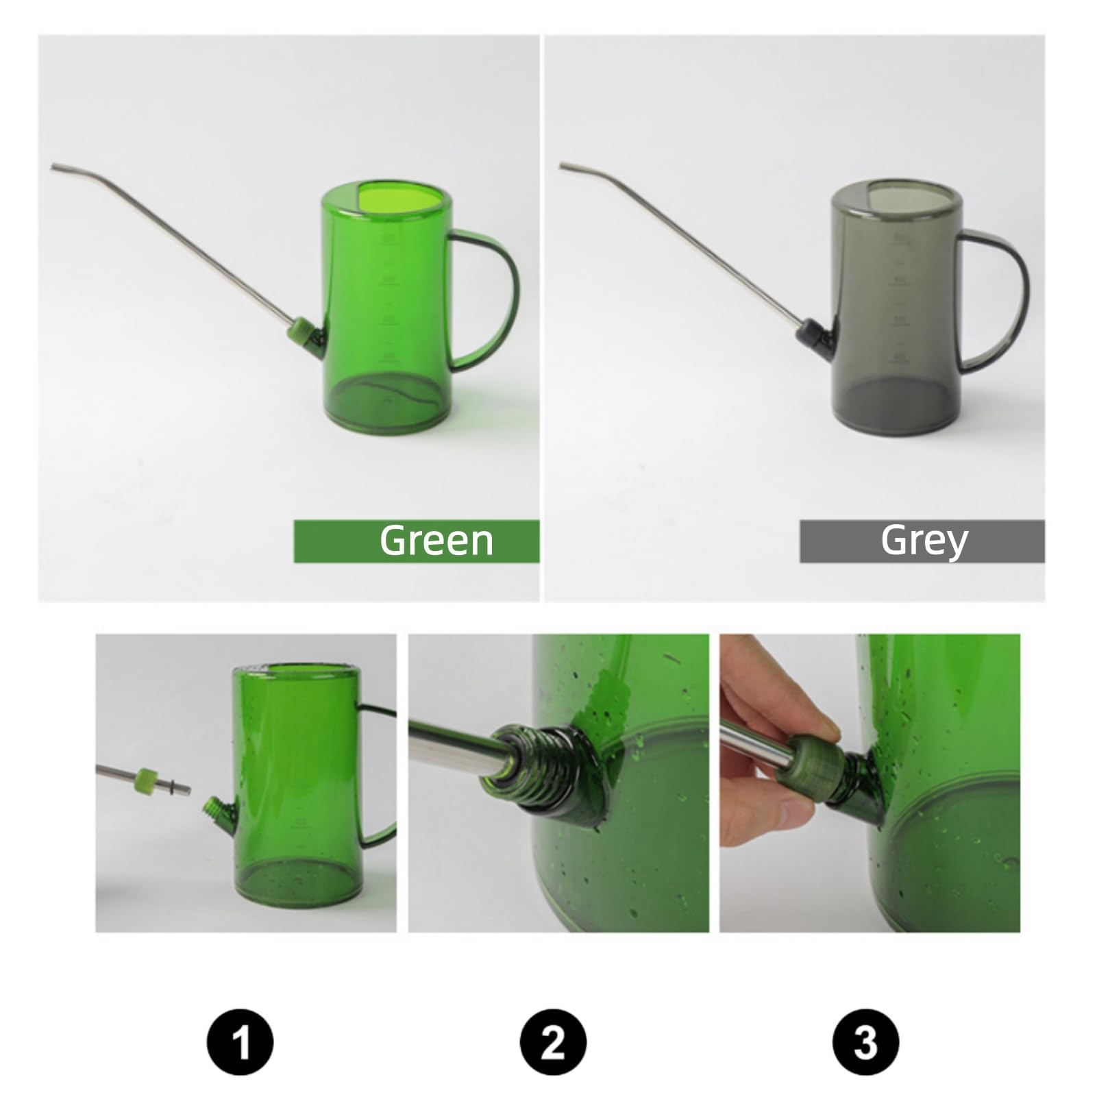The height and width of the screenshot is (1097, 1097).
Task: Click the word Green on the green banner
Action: tap(436, 540)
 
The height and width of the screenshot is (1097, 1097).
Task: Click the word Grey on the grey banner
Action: tap(924, 540)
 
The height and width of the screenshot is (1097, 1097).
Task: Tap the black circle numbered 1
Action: tap(240, 1041)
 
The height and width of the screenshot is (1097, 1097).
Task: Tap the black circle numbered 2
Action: tap(553, 1041)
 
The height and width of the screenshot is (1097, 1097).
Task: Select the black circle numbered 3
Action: tap(866, 1041)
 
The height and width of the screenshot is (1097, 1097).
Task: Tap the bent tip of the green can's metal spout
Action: tap(54, 167)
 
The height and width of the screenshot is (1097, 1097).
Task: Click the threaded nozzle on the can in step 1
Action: tap(212, 810)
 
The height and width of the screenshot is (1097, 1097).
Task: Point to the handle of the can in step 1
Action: tap(384, 774)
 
